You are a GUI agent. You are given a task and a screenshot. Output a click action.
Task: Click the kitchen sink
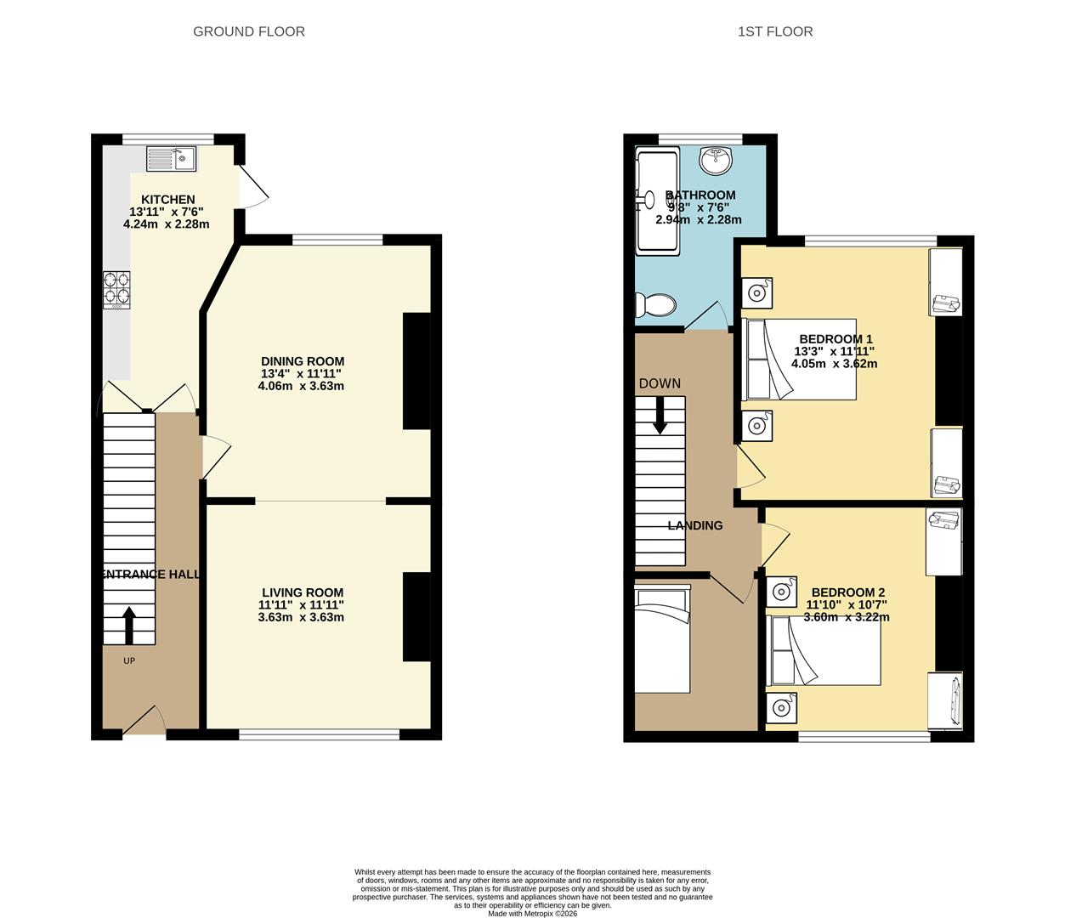pos(171,157)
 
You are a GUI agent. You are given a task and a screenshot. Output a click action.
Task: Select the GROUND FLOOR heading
pos(248,31)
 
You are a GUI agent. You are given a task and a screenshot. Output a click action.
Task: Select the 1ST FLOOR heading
pos(774,31)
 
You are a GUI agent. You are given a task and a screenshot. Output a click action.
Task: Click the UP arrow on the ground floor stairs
pos(129,625)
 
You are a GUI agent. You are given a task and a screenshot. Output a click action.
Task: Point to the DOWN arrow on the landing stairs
pos(660,416)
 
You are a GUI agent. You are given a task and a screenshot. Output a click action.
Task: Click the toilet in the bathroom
pos(654,305)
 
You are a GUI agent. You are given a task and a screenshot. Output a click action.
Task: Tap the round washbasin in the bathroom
pos(717,157)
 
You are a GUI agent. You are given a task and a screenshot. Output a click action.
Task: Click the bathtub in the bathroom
pos(658,201)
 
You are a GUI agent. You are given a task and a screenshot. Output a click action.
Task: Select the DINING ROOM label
pos(302,361)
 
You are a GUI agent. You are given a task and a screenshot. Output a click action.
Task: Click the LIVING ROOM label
pos(302,592)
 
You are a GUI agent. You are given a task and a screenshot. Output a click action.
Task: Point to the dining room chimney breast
pos(416,371)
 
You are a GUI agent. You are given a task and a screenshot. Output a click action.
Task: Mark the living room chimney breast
pos(416,616)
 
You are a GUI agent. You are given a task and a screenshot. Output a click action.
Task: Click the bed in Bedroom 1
pos(799,360)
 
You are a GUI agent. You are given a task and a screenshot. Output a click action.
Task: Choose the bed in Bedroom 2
pos(823,650)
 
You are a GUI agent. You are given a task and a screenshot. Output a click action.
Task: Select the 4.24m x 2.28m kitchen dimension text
pos(167,224)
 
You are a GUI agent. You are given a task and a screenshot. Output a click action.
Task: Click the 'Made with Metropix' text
pos(532,914)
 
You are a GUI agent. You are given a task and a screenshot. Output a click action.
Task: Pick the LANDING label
pos(694,525)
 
